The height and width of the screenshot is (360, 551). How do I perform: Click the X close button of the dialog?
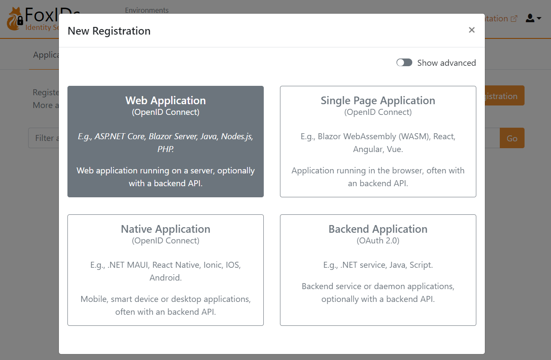click(472, 30)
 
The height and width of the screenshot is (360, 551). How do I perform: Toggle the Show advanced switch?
click(404, 63)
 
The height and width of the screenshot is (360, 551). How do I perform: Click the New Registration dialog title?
click(109, 31)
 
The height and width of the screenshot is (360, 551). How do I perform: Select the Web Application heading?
click(166, 100)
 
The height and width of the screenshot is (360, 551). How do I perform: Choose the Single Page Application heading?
click(378, 100)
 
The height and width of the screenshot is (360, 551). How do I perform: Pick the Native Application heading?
click(166, 229)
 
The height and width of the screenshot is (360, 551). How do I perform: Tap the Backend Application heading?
click(378, 229)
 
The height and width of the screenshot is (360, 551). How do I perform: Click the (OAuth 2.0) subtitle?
click(378, 241)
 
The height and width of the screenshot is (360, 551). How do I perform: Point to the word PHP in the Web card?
click(165, 149)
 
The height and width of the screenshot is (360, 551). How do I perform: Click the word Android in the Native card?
click(165, 278)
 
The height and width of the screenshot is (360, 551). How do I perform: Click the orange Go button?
click(512, 138)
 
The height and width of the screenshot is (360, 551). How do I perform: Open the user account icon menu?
click(533, 18)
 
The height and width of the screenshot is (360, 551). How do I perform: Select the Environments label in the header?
click(147, 10)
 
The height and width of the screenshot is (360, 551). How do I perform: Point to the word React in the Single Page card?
click(444, 137)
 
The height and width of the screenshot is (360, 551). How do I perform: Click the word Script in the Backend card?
click(421, 265)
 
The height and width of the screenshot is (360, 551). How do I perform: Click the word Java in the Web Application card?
click(208, 137)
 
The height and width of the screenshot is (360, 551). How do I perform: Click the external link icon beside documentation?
click(514, 19)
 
